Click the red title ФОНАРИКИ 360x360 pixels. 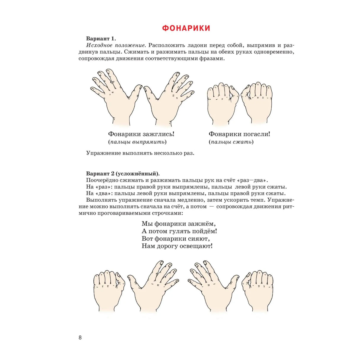[186, 28]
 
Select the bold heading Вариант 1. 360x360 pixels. [101, 39]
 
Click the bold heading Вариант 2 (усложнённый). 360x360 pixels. [123, 173]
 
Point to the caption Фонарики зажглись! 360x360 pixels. [141, 134]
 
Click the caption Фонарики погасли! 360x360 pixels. [239, 134]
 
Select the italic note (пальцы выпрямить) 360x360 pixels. [137, 142]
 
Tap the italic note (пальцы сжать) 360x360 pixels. [231, 142]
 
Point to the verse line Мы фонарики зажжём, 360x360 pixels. [177, 224]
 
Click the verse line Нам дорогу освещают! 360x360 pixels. [177, 246]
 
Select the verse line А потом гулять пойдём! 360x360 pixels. [179, 231]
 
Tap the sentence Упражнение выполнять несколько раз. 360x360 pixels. [140, 153]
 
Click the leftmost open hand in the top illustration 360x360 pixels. [116, 97]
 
